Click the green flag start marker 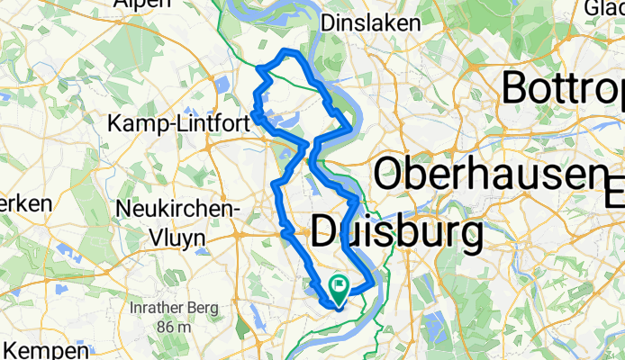coord(340,290)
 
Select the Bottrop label coord(562,88)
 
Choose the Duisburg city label coord(395,234)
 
